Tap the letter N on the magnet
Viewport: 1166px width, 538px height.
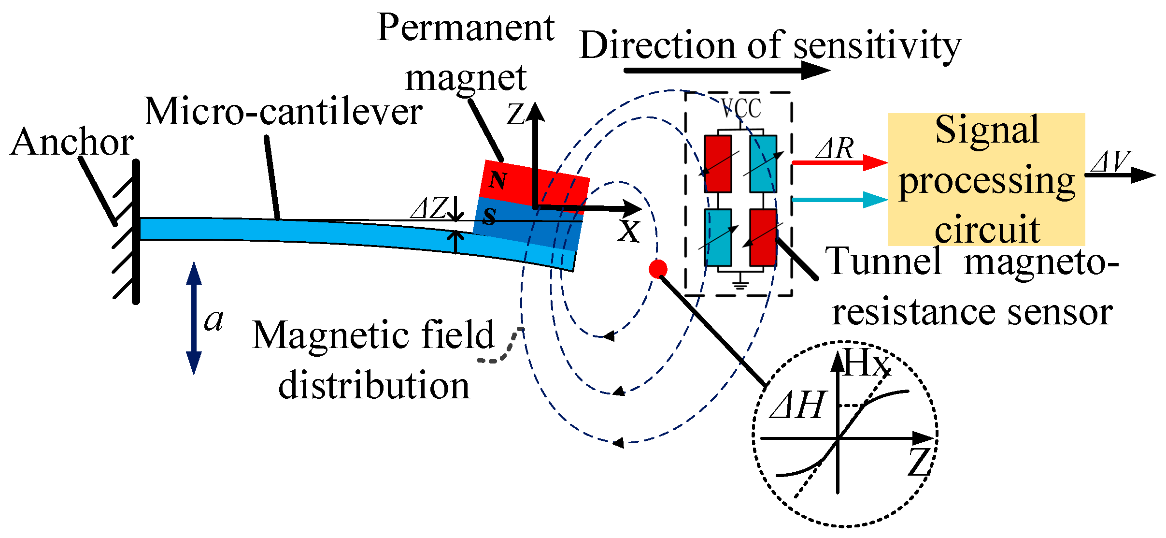pyautogui.click(x=498, y=180)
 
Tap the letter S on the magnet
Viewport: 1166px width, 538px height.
pyautogui.click(x=489, y=217)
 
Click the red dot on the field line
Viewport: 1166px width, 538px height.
pyautogui.click(x=658, y=269)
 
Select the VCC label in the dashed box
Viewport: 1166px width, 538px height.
pyautogui.click(x=741, y=108)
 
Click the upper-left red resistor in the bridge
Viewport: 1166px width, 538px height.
pyautogui.click(x=718, y=163)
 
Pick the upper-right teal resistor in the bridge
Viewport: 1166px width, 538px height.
pyautogui.click(x=763, y=163)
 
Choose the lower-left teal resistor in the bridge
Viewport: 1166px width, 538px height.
pyautogui.click(x=718, y=237)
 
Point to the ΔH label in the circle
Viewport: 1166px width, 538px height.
pyautogui.click(x=797, y=405)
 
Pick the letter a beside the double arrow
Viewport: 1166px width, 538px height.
pyautogui.click(x=214, y=320)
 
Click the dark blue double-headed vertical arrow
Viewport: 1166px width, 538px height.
pyautogui.click(x=194, y=318)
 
